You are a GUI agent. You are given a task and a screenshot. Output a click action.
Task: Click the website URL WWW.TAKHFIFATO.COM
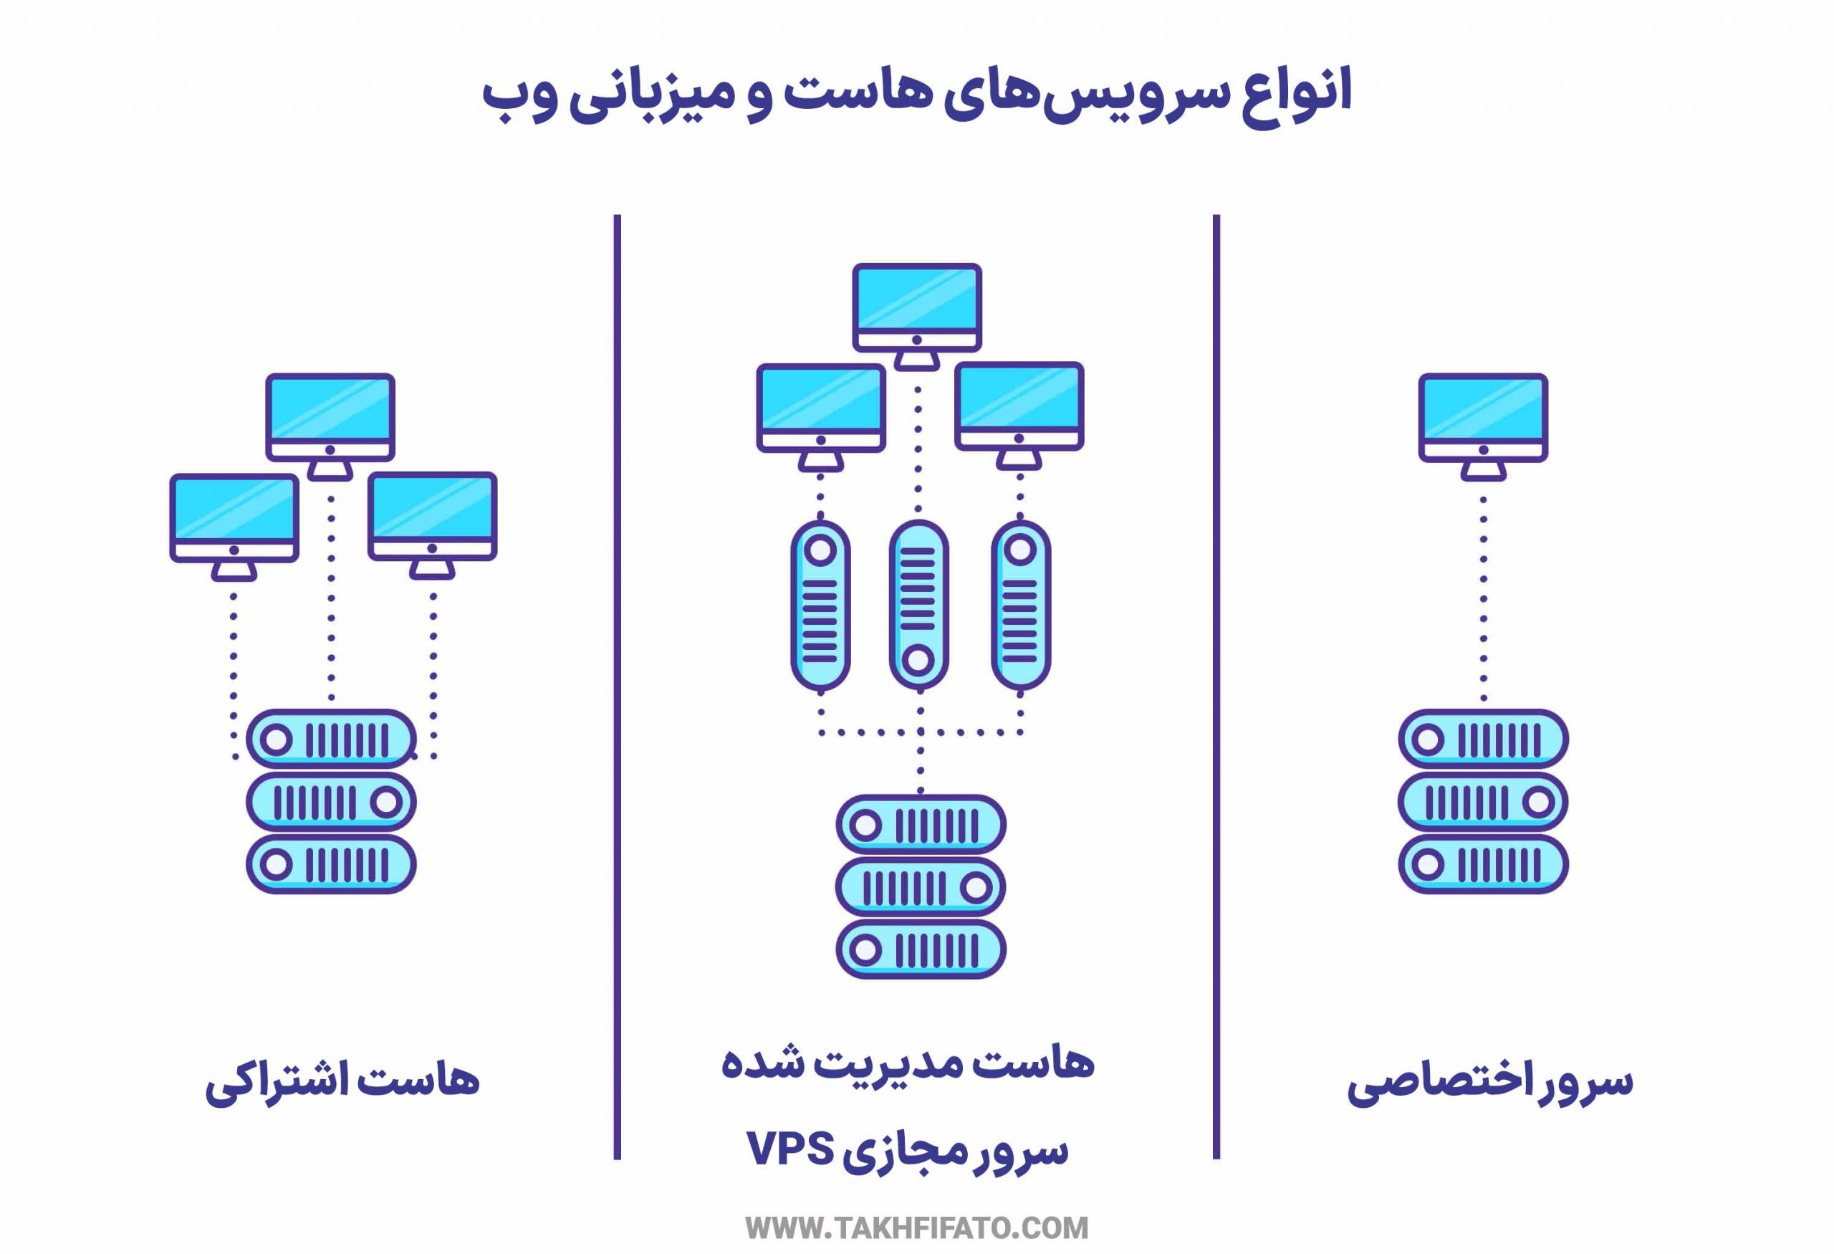click(x=916, y=1228)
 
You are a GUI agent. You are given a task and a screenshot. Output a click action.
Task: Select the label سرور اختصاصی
click(x=1489, y=1082)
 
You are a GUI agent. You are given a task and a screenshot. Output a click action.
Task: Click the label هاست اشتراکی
click(x=342, y=1081)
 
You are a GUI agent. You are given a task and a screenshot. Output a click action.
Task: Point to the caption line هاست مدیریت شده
click(x=908, y=1063)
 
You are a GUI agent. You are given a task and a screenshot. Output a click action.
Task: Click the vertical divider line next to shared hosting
click(x=617, y=686)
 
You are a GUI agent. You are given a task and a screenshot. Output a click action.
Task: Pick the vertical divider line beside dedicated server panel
click(x=1216, y=686)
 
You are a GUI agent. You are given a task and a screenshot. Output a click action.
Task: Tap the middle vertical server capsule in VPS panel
click(x=918, y=604)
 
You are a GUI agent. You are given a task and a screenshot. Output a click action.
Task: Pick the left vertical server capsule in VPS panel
click(x=820, y=604)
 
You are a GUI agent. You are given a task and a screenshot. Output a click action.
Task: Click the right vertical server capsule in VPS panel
click(x=1020, y=604)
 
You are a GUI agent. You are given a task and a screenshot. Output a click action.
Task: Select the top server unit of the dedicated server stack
click(x=1483, y=740)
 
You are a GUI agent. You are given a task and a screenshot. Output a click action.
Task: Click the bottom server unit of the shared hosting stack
click(x=331, y=864)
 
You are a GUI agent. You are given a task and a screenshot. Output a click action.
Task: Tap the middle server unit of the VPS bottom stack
click(x=920, y=888)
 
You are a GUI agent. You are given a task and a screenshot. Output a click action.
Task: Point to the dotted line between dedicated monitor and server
click(x=1484, y=600)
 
